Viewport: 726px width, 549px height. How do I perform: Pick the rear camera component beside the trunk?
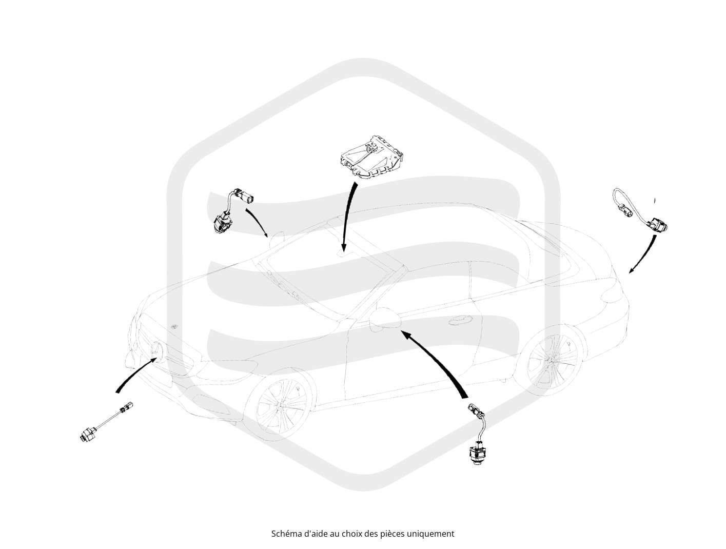pos(640,210)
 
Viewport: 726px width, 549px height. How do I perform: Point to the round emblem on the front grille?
pos(157,350)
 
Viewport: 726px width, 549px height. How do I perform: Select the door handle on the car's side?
pos(461,321)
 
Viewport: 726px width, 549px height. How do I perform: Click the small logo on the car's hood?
pos(174,327)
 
